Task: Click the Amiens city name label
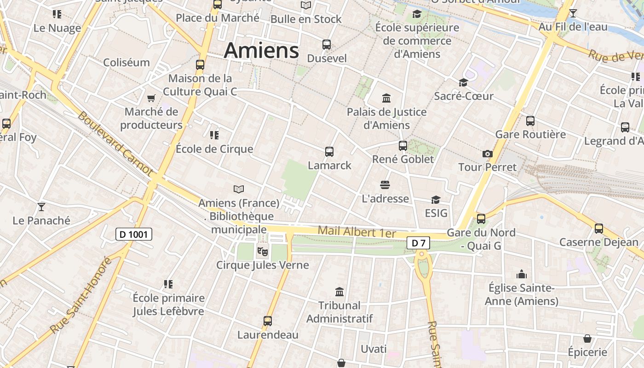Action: coord(261,50)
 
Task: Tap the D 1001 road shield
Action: coord(133,235)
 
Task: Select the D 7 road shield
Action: coord(418,243)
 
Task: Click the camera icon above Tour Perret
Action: coord(488,154)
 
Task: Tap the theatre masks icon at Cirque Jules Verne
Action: coord(262,251)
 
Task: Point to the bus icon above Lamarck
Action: coord(329,151)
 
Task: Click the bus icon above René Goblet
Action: coord(403,145)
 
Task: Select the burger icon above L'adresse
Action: coord(385,185)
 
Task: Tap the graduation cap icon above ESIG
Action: coord(436,200)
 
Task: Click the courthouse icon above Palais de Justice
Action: coord(386,98)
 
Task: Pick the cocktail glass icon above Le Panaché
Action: coord(41,207)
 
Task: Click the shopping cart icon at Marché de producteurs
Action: coord(151,98)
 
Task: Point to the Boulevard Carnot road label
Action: coord(115,143)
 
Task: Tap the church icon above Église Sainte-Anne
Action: coord(521,275)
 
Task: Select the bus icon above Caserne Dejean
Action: coord(599,228)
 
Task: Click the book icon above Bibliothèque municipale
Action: coord(238,189)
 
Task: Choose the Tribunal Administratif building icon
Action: coord(339,292)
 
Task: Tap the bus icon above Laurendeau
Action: coord(268,321)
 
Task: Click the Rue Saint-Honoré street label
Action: coord(81,295)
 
